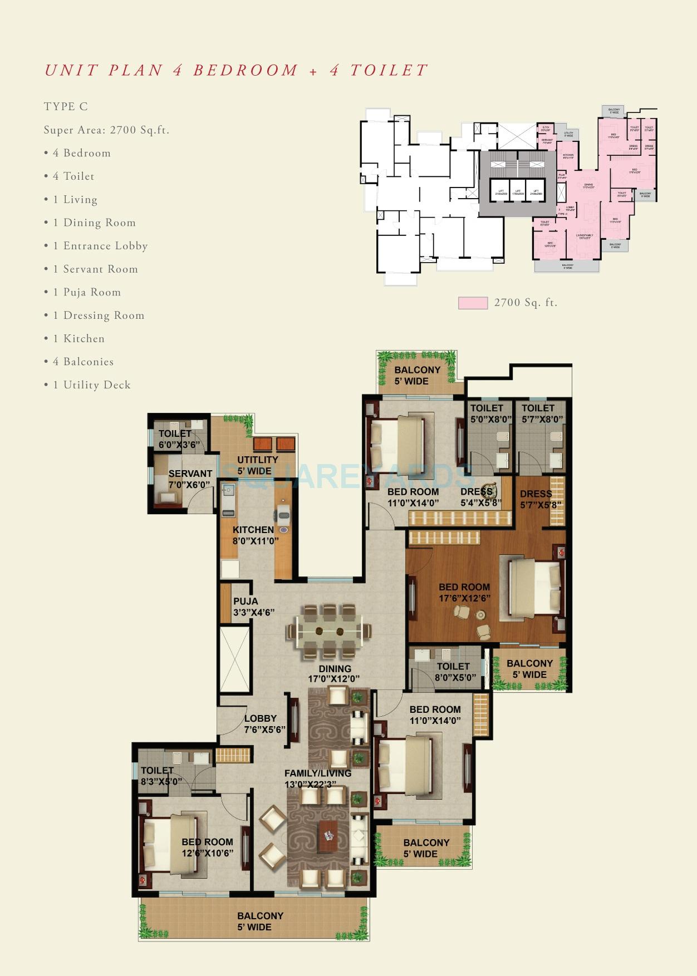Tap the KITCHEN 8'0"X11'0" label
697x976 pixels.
(254, 535)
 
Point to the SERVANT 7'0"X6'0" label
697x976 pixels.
(190, 479)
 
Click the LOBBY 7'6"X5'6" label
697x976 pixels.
(264, 723)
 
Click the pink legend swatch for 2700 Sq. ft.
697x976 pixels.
(473, 303)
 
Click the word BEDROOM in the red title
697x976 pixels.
(246, 70)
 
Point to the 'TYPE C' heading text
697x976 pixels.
(66, 106)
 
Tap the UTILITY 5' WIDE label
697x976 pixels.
(257, 465)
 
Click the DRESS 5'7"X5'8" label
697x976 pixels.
(539, 499)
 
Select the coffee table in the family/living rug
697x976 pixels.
(328, 836)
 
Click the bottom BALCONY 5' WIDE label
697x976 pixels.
(259, 921)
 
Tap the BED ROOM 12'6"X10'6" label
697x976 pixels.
(207, 847)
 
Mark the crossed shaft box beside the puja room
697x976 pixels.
(235, 659)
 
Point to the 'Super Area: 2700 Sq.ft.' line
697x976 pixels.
(106, 130)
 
